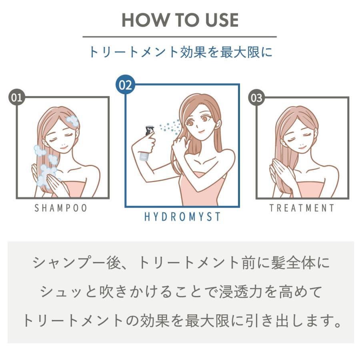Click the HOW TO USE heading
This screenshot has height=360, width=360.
(180, 20)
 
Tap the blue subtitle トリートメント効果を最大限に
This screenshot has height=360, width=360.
(180, 52)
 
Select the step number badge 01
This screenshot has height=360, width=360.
(17, 97)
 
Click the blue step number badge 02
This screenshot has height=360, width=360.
(125, 85)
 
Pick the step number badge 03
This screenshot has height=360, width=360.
(257, 97)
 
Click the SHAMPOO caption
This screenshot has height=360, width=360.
(61, 208)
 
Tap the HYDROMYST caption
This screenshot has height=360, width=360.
(182, 217)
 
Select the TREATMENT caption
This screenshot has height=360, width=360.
(302, 208)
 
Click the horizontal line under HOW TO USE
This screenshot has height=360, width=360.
(180, 37)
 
